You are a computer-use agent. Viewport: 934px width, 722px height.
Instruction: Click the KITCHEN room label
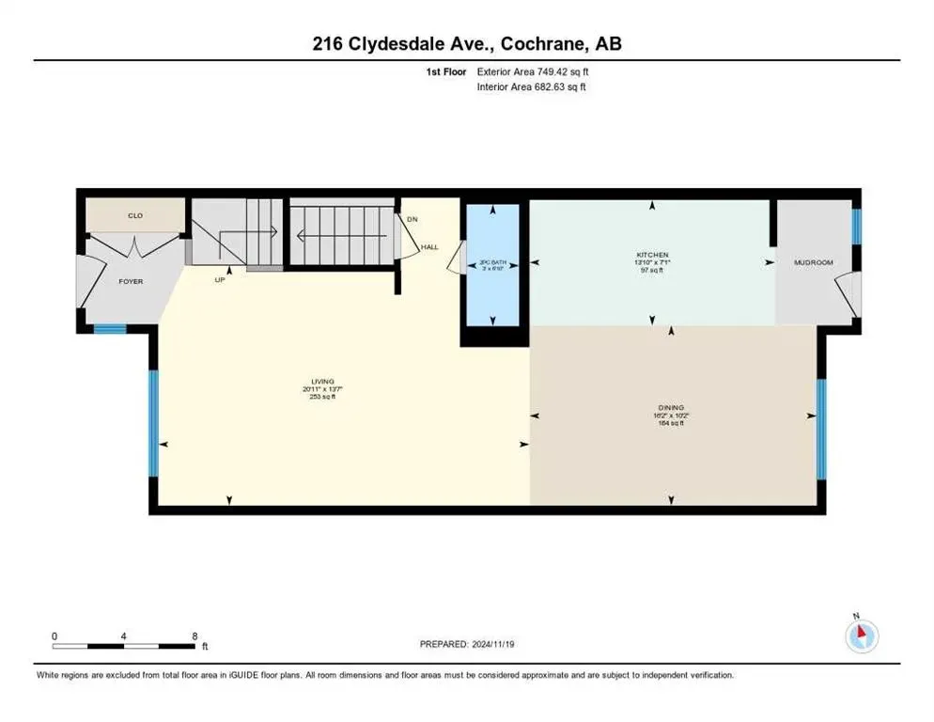[652, 255]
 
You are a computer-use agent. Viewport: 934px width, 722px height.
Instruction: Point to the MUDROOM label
[814, 262]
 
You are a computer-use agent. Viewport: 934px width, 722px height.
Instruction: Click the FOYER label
[131, 281]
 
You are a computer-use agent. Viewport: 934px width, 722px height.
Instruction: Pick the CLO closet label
[134, 215]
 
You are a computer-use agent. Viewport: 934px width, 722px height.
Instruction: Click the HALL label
[429, 247]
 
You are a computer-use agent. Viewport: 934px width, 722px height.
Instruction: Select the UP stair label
[219, 279]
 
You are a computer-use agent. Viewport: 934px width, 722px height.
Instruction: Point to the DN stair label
[412, 220]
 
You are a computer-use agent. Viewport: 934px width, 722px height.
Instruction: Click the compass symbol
[861, 636]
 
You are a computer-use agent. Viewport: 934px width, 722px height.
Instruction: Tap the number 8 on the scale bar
[195, 636]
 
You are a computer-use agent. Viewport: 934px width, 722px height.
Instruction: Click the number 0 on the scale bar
[54, 636]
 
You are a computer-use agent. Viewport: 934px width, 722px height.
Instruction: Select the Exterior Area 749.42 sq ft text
[535, 71]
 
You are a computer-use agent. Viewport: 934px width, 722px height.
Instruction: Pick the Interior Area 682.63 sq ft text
[534, 87]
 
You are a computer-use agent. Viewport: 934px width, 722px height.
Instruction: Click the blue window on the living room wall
[153, 423]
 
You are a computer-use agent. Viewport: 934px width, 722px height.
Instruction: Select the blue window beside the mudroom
[856, 227]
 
